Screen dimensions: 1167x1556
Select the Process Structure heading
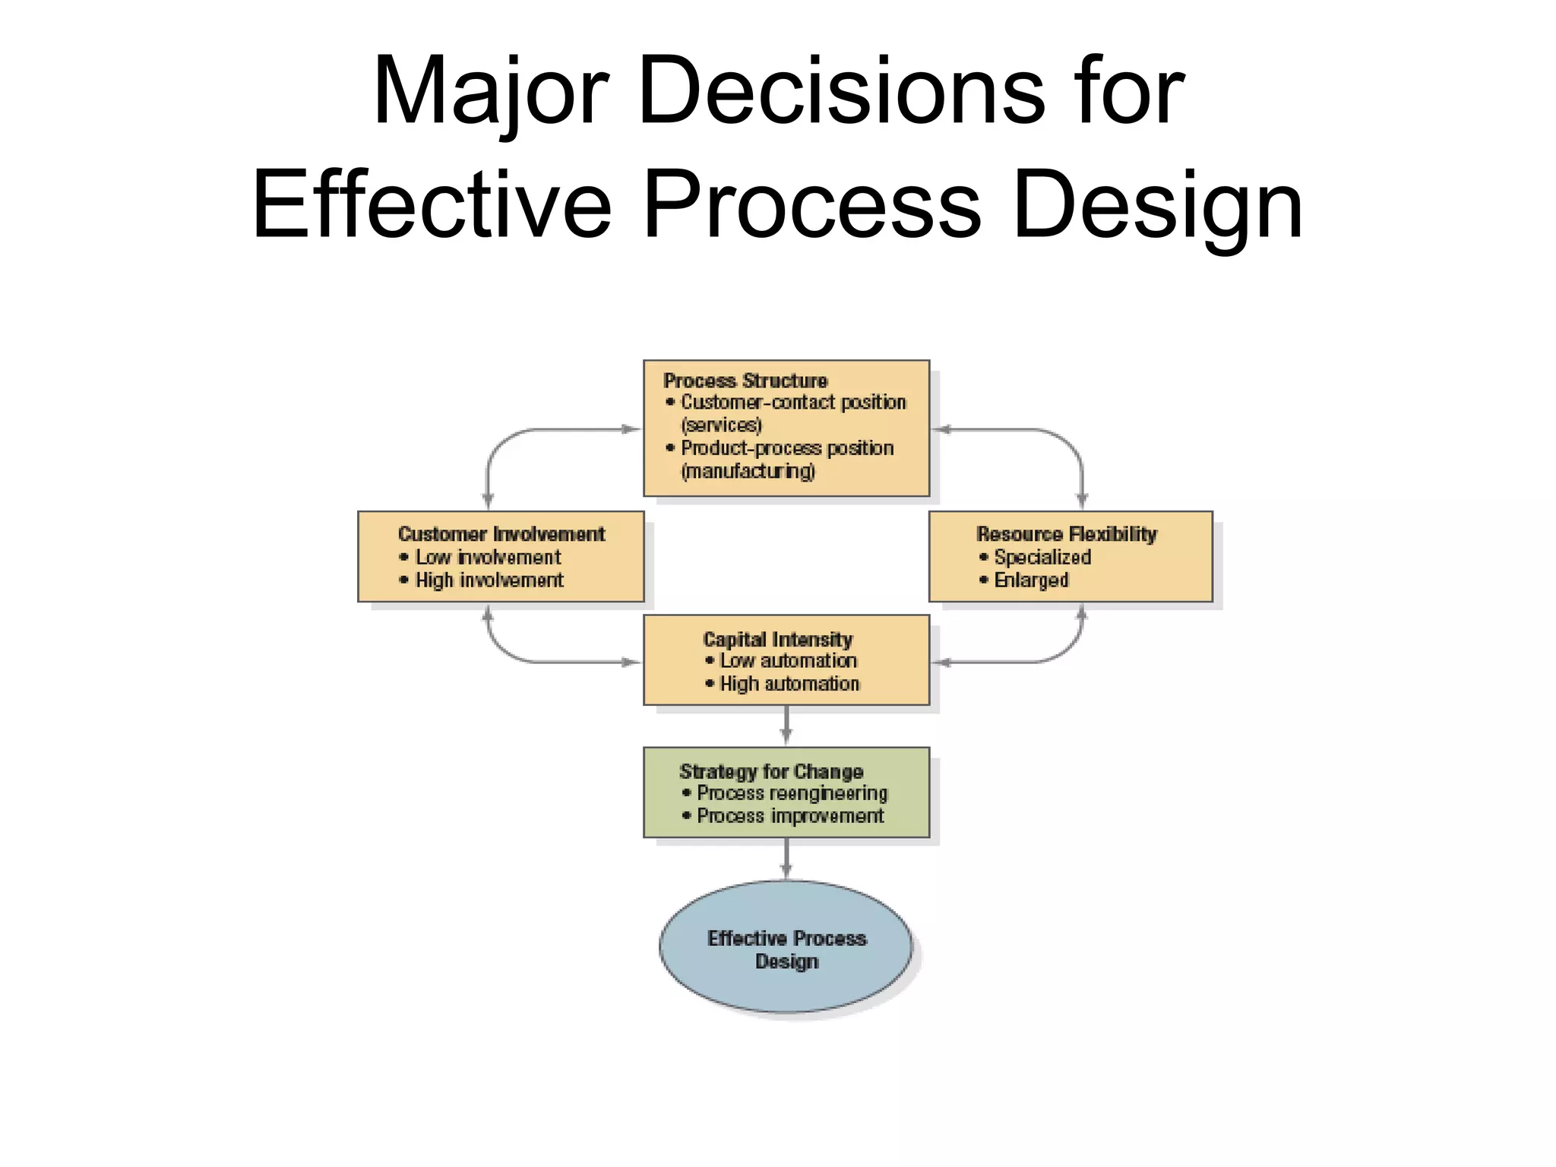coord(745,381)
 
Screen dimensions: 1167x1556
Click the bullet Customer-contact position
coord(793,403)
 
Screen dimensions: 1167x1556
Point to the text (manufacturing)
coord(748,471)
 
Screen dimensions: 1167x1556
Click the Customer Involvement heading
coord(501,534)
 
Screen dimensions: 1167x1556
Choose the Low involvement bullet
coord(488,558)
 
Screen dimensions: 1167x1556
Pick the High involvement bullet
coord(489,580)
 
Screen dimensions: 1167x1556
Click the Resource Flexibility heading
coord(1067,534)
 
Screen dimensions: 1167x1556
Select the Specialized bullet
coord(1042,558)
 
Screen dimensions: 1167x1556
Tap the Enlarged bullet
coord(1031,580)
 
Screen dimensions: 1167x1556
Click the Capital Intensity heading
coord(778,639)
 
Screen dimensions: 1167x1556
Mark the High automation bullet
coord(789,684)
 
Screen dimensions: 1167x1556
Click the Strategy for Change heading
coord(771,772)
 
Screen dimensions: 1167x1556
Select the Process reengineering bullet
coord(792,793)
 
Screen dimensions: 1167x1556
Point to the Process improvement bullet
coord(790,816)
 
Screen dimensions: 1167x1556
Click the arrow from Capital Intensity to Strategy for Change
coord(786,726)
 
